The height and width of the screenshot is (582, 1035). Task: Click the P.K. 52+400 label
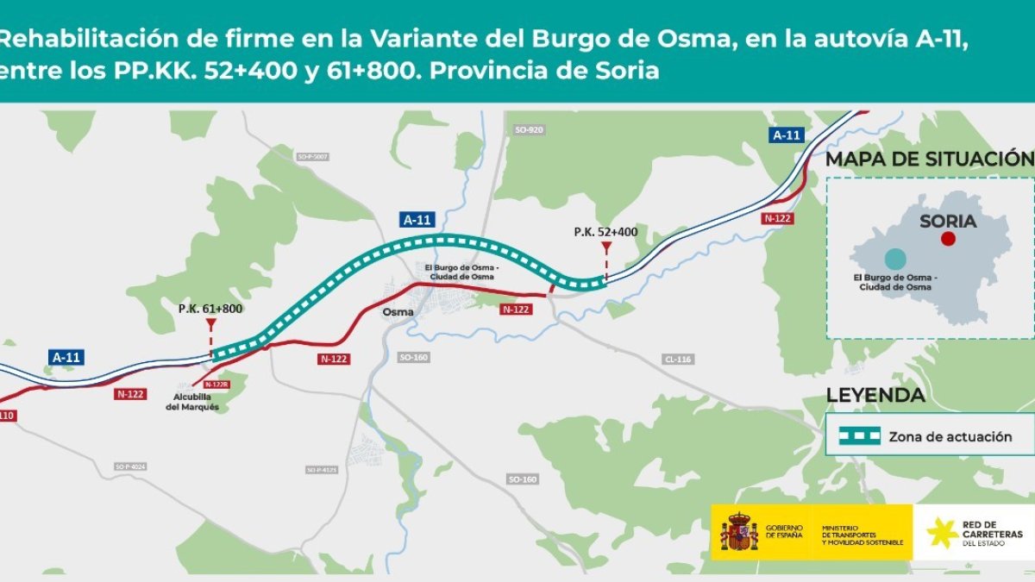[605, 232]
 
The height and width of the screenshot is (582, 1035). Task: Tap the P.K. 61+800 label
[210, 308]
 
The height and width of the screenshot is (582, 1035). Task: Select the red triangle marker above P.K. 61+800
[210, 324]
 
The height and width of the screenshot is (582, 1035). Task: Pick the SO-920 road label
[528, 130]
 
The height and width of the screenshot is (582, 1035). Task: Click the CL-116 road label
[678, 359]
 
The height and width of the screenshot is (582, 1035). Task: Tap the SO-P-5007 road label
[313, 157]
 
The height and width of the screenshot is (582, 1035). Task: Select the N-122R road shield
[216, 385]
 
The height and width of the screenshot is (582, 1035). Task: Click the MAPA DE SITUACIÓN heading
[929, 159]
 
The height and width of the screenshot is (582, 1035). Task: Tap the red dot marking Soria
[948, 239]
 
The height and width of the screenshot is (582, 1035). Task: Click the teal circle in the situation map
[895, 258]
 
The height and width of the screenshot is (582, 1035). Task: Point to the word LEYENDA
[875, 396]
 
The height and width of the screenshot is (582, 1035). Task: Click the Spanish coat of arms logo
[739, 533]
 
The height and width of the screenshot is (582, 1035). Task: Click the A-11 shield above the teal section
[417, 220]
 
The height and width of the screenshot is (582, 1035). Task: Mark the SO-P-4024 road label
[130, 467]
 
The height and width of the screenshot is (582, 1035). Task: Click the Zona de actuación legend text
[950, 437]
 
